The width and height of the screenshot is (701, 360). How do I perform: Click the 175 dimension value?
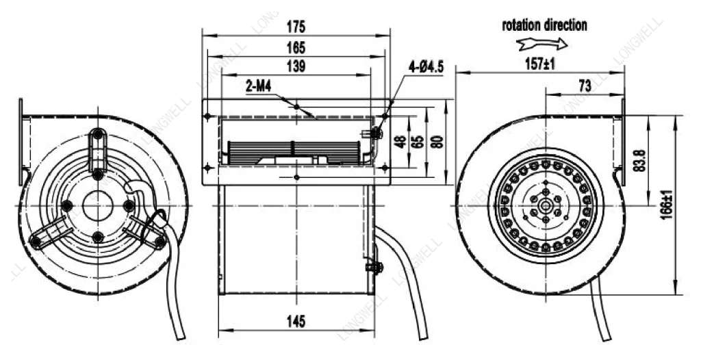pyautogui.click(x=296, y=27)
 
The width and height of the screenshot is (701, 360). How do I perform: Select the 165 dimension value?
pyautogui.click(x=296, y=47)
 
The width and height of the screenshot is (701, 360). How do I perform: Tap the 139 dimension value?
pyautogui.click(x=296, y=66)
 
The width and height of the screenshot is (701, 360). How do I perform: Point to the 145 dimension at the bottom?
pyautogui.click(x=296, y=321)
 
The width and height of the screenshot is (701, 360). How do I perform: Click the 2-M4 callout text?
pyautogui.click(x=258, y=86)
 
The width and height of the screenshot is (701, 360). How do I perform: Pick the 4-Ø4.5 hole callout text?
pyautogui.click(x=426, y=68)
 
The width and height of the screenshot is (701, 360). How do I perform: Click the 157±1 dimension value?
pyautogui.click(x=540, y=64)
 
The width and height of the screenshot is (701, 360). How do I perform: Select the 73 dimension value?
pyautogui.click(x=585, y=86)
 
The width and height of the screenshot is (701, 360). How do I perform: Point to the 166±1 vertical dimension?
pyautogui.click(x=667, y=205)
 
